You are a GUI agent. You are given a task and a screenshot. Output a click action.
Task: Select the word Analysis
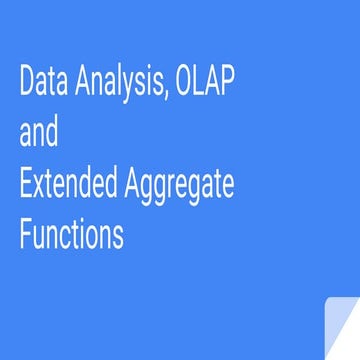[118, 84]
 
